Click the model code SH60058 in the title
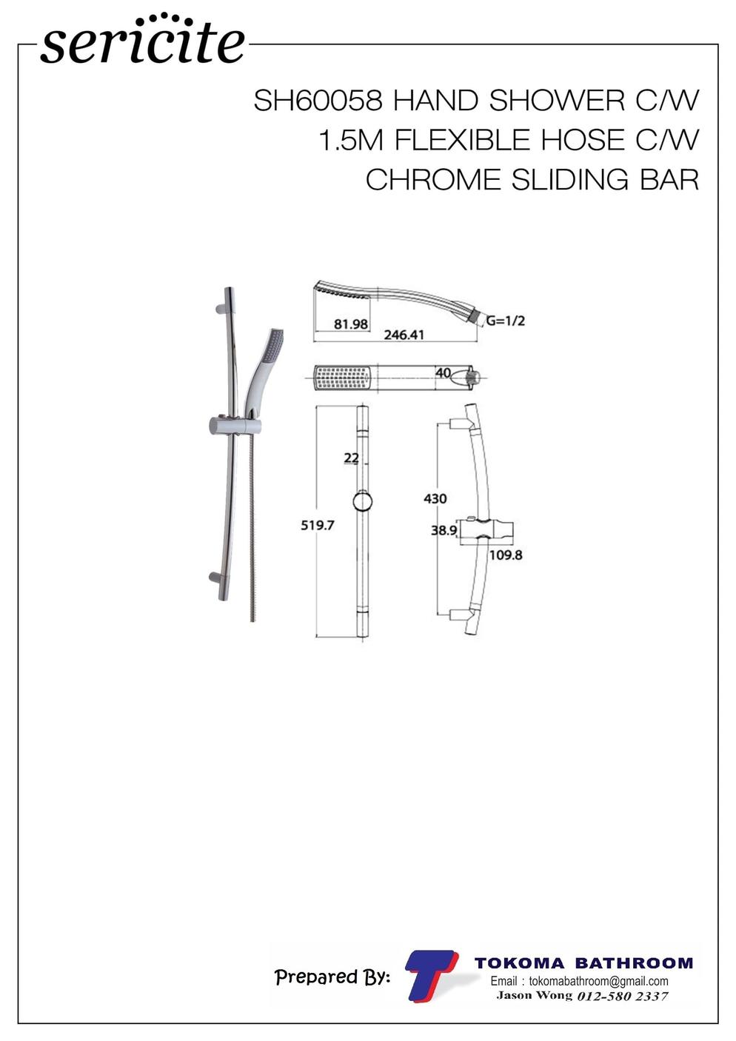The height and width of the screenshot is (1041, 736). pyautogui.click(x=318, y=101)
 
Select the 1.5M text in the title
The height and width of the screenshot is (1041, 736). pyautogui.click(x=351, y=140)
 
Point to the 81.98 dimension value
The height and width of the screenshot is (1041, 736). pyautogui.click(x=351, y=324)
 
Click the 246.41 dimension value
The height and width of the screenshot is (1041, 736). pyautogui.click(x=404, y=335)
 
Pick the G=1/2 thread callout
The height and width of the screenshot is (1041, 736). pyautogui.click(x=506, y=321)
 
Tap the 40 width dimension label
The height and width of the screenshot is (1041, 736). pyautogui.click(x=443, y=372)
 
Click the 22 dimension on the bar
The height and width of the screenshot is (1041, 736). pyautogui.click(x=351, y=458)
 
